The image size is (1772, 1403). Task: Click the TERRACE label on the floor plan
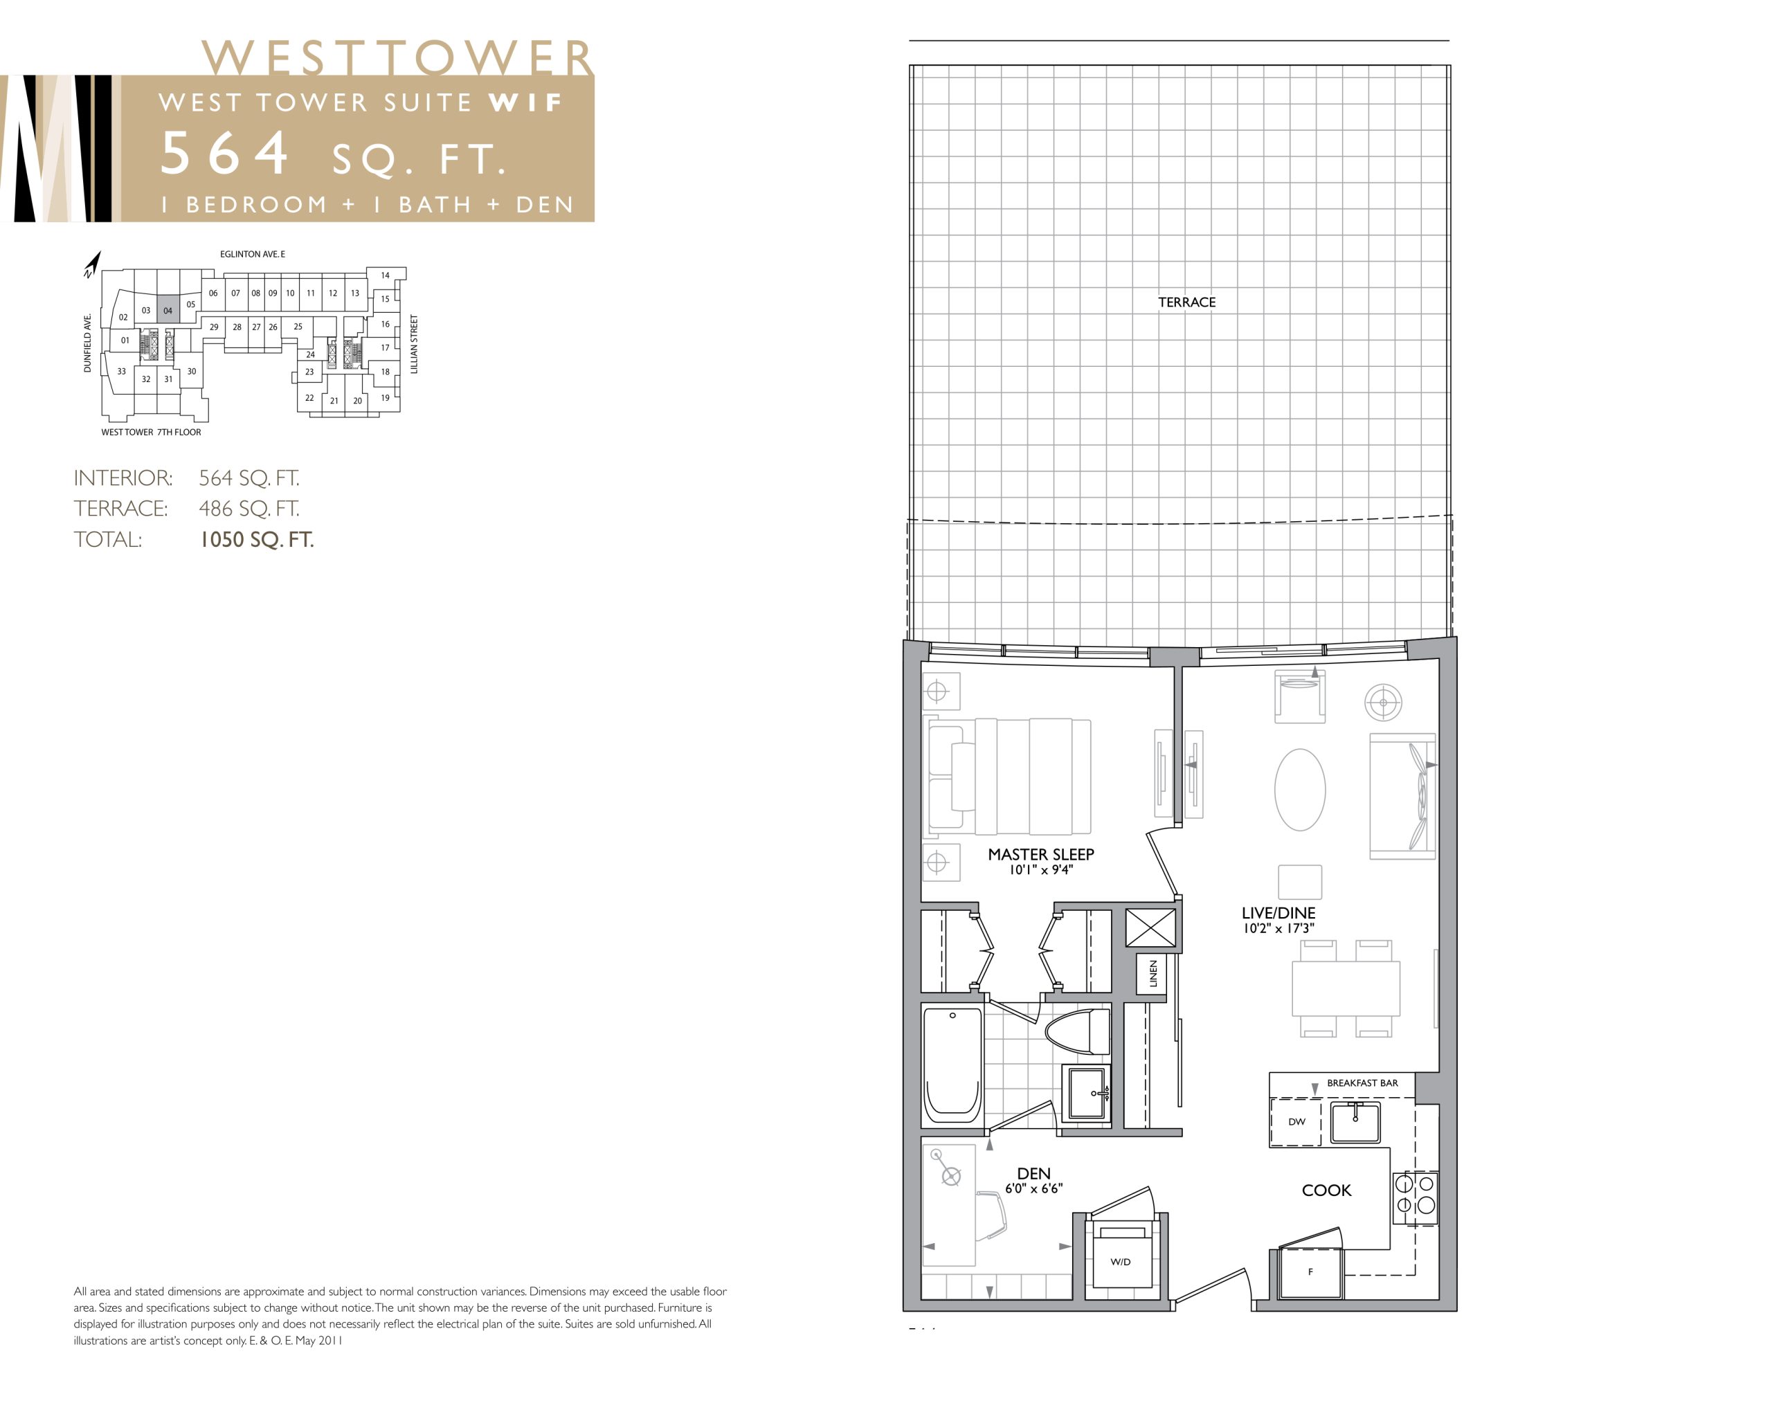(1186, 302)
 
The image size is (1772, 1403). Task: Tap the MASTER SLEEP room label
(1040, 854)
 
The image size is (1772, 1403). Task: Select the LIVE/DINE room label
(1278, 912)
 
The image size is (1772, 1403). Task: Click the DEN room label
(1033, 1174)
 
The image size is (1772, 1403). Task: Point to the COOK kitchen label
(1326, 1191)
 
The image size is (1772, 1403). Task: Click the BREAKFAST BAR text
(1362, 1083)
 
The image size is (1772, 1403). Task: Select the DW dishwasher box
(1296, 1121)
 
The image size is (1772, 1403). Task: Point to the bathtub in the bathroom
(952, 1065)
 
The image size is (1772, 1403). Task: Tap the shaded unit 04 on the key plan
(168, 309)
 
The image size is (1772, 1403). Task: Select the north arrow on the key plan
(92, 264)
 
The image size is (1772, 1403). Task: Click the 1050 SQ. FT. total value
(256, 540)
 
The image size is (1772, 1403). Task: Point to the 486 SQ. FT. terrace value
(249, 509)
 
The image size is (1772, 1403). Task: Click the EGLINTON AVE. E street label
(252, 255)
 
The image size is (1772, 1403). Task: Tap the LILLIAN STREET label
(414, 344)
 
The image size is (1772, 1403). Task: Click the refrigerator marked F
(1310, 1272)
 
